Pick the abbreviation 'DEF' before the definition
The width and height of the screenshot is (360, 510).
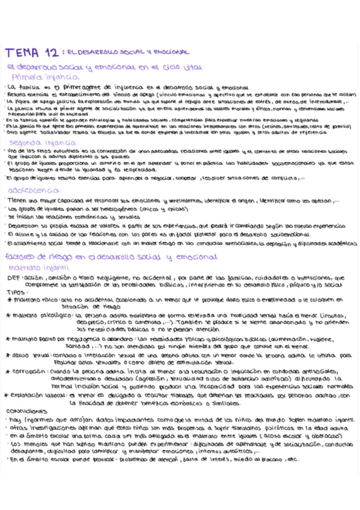coord(14,278)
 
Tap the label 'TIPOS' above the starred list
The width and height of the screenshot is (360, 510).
coord(16,291)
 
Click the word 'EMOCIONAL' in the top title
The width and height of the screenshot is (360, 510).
coord(167,52)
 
